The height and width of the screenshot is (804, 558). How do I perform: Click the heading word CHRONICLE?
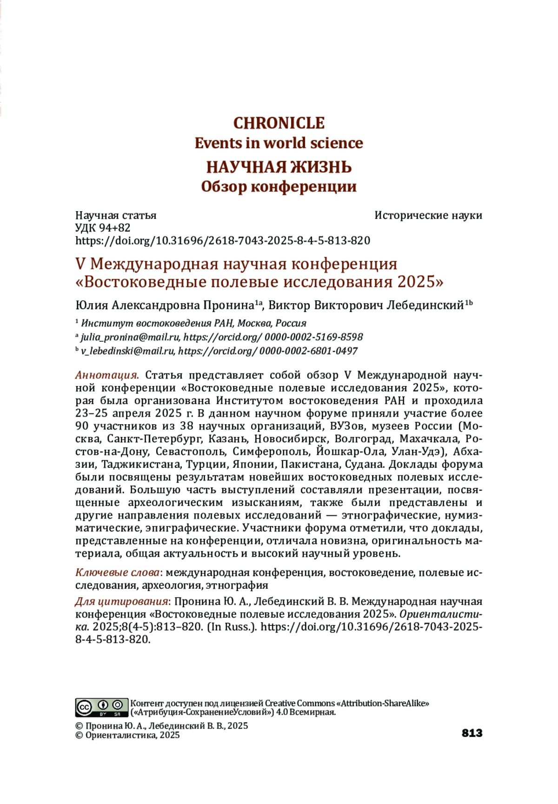tap(279, 123)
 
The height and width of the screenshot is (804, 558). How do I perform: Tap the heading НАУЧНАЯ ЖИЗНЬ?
tap(279, 167)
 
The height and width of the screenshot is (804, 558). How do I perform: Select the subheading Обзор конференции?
tap(279, 186)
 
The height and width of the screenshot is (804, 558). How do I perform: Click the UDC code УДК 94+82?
tap(103, 228)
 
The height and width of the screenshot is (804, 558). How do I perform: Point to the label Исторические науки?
tap(428, 215)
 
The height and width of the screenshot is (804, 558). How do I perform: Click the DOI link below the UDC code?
tap(223, 240)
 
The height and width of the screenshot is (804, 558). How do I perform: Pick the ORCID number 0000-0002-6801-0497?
tap(308, 351)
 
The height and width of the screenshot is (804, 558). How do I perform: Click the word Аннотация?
tap(107, 375)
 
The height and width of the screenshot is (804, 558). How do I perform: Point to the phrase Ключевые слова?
tap(117, 572)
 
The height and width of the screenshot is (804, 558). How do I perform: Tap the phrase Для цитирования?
tap(121, 602)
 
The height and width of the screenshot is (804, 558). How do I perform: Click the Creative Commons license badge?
tap(101, 708)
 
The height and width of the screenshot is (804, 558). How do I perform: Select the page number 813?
tap(472, 733)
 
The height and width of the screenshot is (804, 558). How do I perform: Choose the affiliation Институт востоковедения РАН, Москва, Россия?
tap(193, 323)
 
